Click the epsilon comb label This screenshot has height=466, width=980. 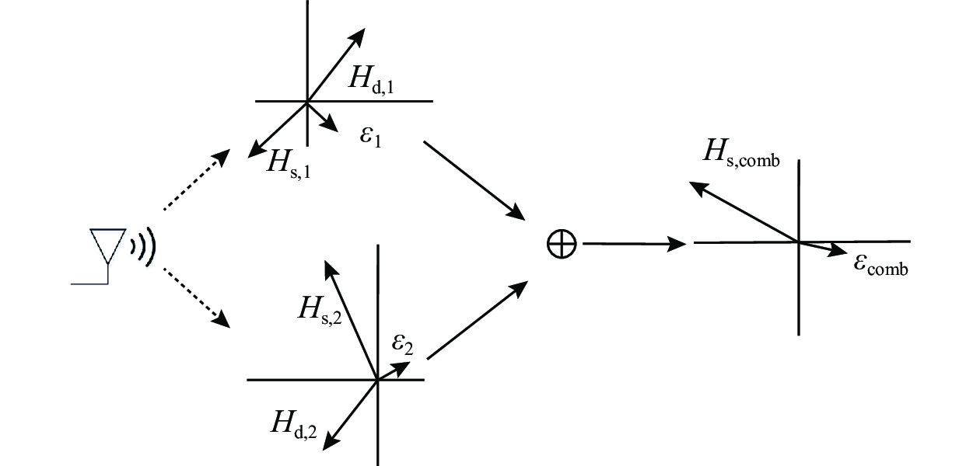pos(880,266)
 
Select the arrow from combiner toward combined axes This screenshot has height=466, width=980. pos(633,244)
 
